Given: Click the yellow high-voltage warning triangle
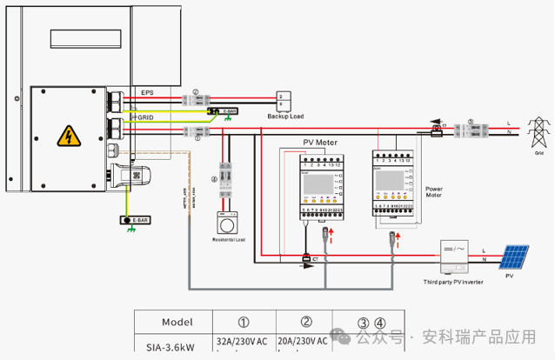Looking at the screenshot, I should [66, 136].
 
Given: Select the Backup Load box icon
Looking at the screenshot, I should [284, 97].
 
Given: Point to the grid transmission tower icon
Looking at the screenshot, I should [538, 133].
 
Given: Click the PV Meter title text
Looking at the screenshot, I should [319, 142].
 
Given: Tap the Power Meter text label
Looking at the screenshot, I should [434, 191].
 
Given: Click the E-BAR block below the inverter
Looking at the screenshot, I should [135, 220].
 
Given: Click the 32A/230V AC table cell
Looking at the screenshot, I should [244, 343].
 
